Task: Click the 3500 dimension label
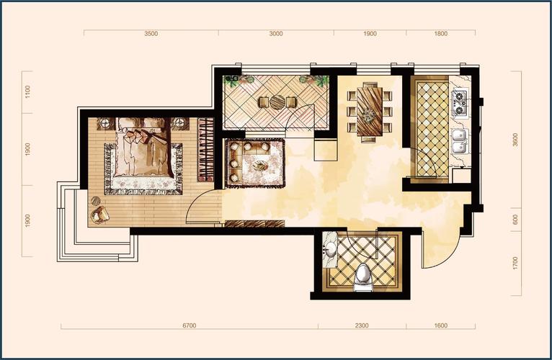click(x=151, y=34)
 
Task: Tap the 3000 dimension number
click(x=276, y=34)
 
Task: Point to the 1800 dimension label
click(x=441, y=34)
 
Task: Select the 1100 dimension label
click(x=28, y=92)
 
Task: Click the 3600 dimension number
click(x=516, y=140)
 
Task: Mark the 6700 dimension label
click(x=190, y=325)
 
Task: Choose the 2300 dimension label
click(x=362, y=325)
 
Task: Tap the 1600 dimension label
click(x=441, y=325)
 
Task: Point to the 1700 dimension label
click(x=516, y=264)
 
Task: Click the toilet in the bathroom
click(x=362, y=278)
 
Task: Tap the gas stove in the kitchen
click(x=460, y=104)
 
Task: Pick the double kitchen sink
click(x=460, y=141)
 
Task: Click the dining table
click(x=370, y=111)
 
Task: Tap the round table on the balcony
click(x=277, y=102)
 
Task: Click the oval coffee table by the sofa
click(x=260, y=165)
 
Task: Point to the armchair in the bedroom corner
click(x=99, y=215)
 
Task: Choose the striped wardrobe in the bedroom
click(x=206, y=150)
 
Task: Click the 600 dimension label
click(x=516, y=220)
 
